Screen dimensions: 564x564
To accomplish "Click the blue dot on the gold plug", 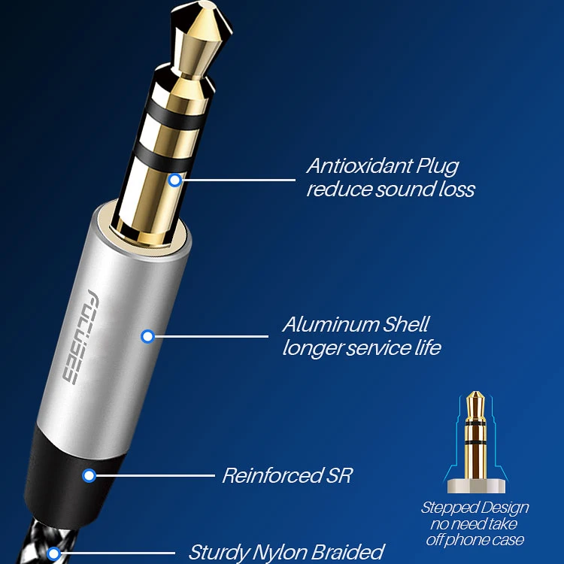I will (174, 180).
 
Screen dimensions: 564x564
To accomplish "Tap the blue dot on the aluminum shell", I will (147, 336).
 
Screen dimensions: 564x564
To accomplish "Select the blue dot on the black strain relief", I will (89, 475).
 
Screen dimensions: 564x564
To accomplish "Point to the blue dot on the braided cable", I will (53, 554).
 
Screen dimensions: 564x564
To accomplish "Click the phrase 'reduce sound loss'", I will (390, 189).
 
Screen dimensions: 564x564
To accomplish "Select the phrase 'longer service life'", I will (362, 348).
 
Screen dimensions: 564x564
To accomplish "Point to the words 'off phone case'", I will (475, 539).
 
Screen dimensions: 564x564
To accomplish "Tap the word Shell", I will (407, 325).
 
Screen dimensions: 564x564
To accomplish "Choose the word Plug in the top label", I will (435, 166).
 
